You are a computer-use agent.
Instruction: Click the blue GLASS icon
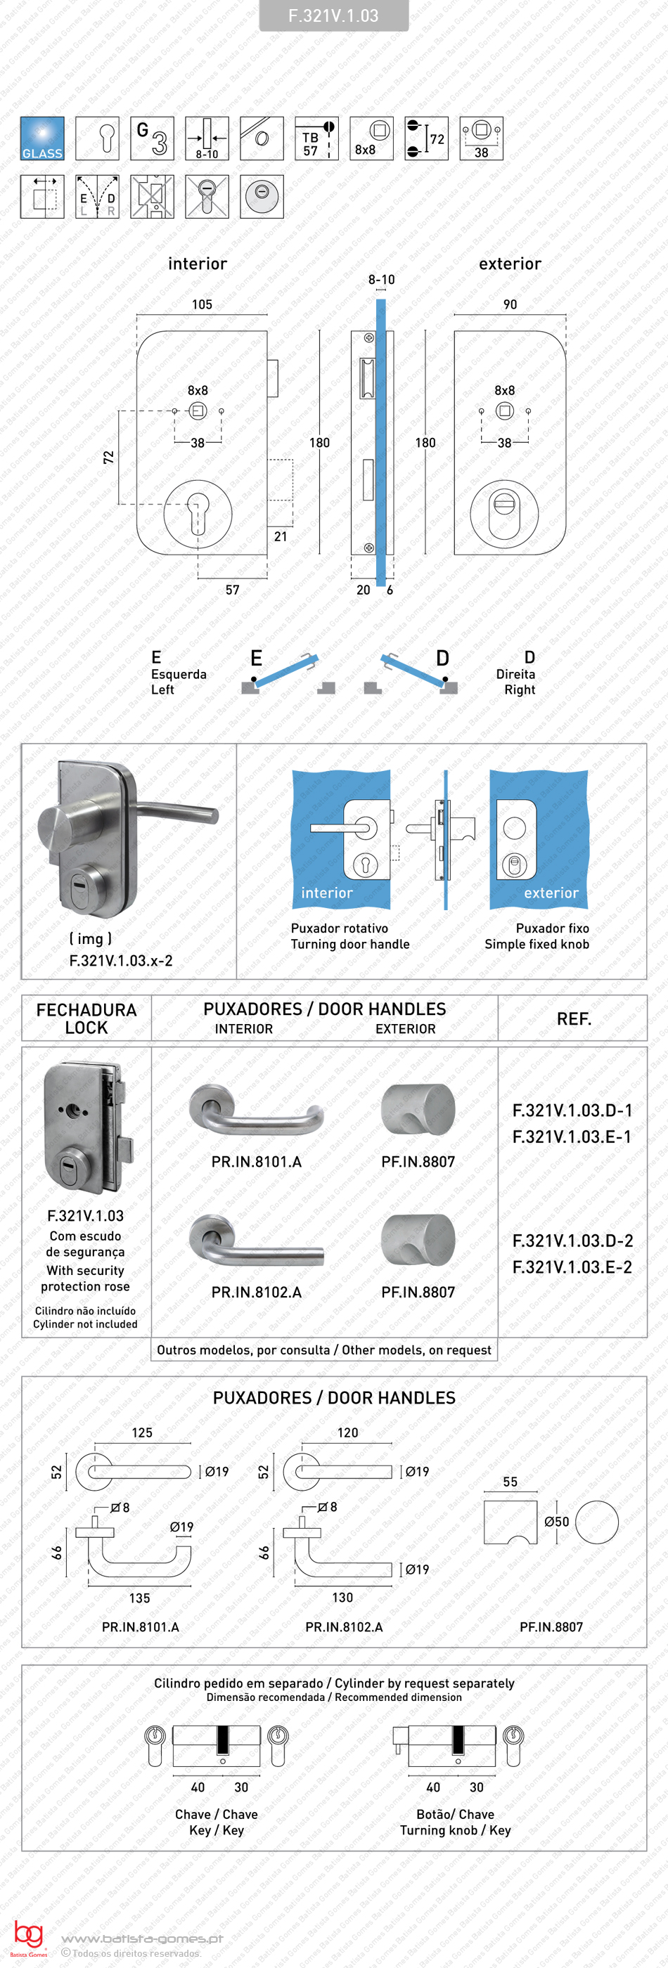42,138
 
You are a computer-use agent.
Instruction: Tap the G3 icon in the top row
152,138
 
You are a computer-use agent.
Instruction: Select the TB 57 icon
316,138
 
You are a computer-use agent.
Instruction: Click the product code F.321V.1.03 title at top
333,16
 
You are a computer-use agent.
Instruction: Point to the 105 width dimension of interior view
202,304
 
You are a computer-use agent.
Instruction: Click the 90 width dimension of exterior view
510,304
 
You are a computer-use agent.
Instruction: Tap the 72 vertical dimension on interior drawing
108,457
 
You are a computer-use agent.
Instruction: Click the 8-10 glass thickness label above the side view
381,280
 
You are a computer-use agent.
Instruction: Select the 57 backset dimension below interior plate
232,590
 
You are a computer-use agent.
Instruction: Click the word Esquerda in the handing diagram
179,674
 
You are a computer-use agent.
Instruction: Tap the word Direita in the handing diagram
515,674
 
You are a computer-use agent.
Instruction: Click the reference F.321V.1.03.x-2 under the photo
121,960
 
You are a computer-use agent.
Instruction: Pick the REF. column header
573,1018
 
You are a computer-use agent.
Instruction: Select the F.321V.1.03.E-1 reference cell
572,1136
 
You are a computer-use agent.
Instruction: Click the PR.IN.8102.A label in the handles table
256,1292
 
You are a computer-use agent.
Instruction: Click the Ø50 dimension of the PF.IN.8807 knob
556,1521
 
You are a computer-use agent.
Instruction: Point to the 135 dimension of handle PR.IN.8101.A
140,1598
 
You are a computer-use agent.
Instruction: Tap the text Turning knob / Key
455,1830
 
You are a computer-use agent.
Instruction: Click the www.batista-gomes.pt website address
142,1938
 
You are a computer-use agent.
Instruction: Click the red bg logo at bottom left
28,1935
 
